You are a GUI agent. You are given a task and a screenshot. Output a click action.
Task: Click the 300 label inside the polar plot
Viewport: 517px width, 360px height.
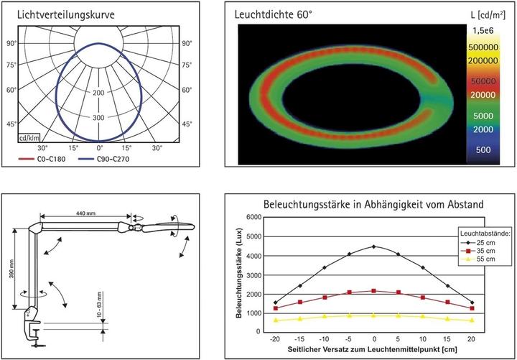99,117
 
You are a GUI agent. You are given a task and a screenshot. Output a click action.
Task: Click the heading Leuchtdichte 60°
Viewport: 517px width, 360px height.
273,14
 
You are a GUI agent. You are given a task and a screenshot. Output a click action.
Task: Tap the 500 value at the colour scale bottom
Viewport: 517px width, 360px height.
483,149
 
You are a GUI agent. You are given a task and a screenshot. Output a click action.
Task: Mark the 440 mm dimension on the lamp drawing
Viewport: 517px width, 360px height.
85,214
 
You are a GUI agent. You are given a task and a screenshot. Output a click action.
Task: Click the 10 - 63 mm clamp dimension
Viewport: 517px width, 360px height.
98,305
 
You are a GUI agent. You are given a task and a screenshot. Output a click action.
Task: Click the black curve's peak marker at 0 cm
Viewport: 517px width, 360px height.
373,246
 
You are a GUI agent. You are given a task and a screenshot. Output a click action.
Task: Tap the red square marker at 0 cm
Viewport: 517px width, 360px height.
373,290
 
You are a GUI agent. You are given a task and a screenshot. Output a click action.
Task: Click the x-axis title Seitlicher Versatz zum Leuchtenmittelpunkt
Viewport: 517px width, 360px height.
370,349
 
